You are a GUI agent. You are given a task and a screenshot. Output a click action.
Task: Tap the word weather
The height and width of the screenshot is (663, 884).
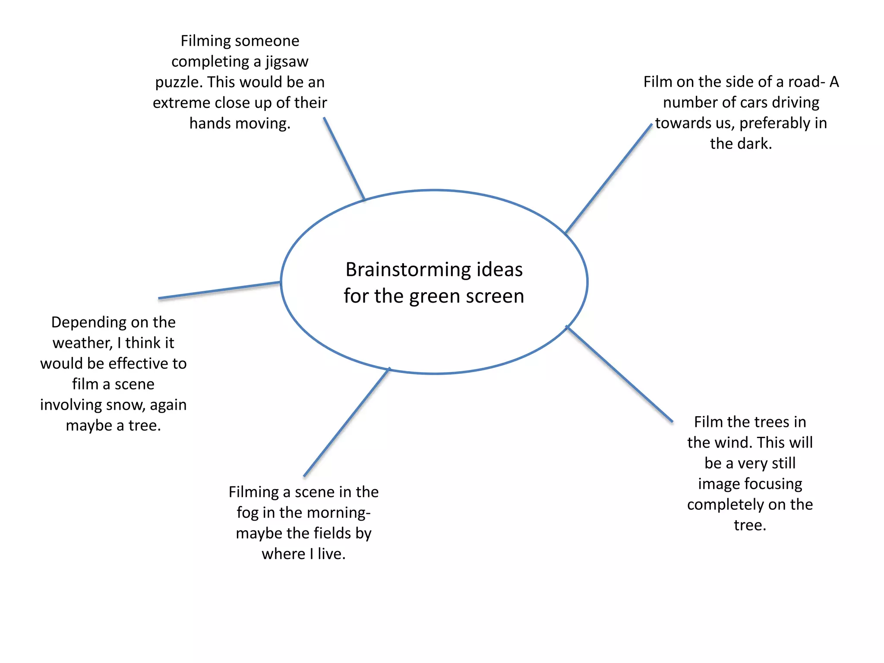[x=82, y=343]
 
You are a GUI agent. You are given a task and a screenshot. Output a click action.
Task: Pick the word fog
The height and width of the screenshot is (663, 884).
[x=247, y=513]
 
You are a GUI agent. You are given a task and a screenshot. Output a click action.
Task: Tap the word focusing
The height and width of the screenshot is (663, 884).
[x=773, y=484]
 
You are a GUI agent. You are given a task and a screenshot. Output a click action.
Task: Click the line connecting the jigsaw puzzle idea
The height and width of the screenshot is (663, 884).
[x=344, y=158]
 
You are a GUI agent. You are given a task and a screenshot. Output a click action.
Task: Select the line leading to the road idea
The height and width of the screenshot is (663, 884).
[x=608, y=179]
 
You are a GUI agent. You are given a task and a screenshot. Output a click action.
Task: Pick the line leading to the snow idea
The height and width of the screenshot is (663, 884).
[x=219, y=290]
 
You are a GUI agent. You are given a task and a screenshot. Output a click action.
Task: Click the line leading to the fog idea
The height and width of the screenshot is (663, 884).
[x=347, y=422]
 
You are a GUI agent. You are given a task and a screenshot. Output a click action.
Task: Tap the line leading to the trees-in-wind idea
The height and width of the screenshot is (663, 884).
[x=619, y=374]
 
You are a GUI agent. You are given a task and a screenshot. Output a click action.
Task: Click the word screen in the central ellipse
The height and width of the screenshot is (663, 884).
[x=496, y=297]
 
